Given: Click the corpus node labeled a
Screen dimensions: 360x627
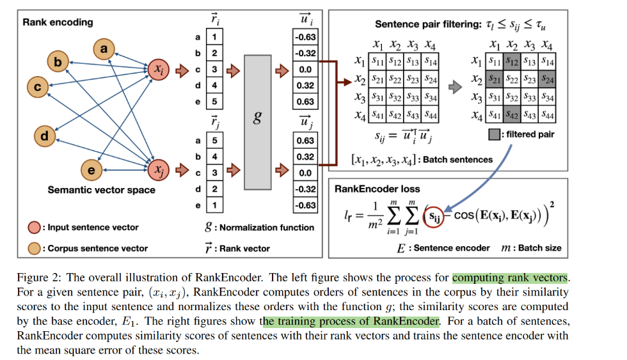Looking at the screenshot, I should coord(104,48).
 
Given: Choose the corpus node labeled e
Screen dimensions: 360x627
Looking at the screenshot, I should coord(92,169).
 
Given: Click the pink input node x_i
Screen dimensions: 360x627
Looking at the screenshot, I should coord(158,68).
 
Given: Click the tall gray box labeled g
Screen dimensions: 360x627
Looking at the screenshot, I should coord(257,121).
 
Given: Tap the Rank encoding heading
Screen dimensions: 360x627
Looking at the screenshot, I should coord(58,22).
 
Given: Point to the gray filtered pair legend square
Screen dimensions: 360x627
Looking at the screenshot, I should coord(494,136).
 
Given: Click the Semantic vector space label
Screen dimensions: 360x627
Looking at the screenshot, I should coord(92,190).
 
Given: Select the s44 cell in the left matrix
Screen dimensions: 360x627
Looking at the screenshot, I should coord(431,116).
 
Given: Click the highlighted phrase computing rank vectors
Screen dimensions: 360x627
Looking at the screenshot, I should coord(509,278).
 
